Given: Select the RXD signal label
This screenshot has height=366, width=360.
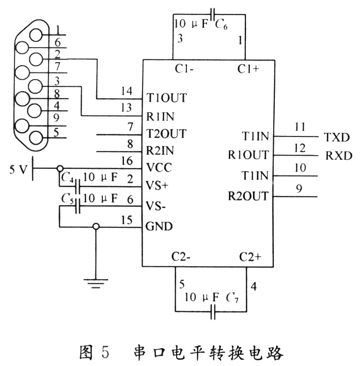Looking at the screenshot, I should click(338, 155).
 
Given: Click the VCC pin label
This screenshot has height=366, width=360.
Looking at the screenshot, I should click(159, 168).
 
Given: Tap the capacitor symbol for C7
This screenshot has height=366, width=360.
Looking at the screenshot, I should click(213, 312).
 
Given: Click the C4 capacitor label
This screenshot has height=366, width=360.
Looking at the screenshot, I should click(66, 178).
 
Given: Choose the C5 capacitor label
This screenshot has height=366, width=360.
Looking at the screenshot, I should click(66, 198).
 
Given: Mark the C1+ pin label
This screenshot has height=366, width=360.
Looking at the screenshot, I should click(248, 69).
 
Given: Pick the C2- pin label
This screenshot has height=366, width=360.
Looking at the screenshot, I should click(182, 257).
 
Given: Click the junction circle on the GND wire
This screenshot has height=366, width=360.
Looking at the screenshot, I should click(96, 226).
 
